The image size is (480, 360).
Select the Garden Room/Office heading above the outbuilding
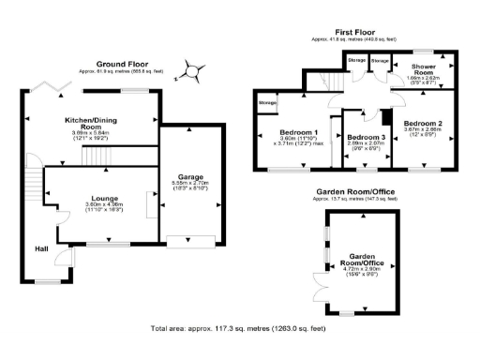[x=355, y=191]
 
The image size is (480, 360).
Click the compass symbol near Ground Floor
[x=191, y=68]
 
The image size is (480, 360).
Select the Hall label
[x=41, y=248]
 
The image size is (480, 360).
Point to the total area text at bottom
[x=239, y=328]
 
